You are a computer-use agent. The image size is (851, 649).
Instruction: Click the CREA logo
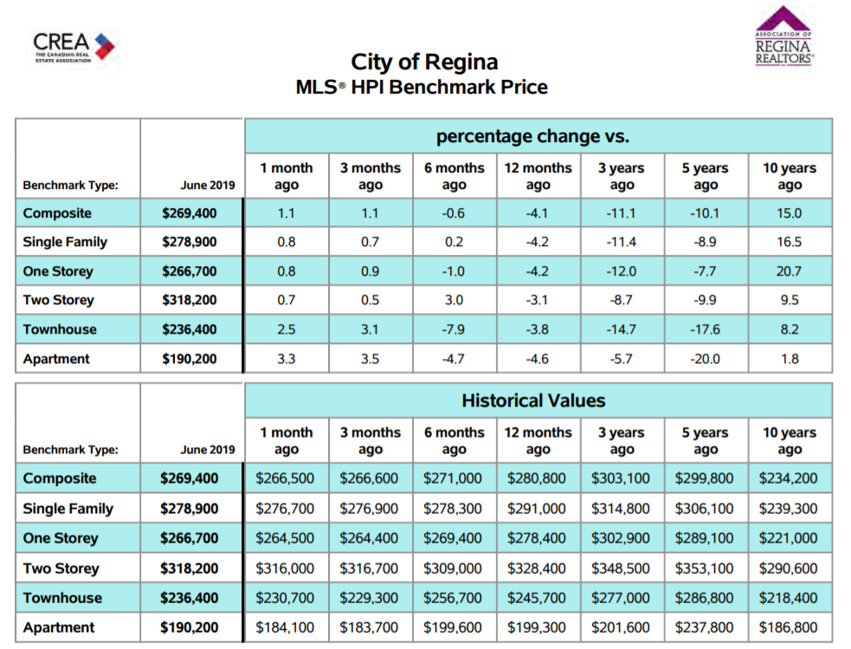(74, 48)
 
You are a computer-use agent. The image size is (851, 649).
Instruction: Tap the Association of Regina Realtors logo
(783, 36)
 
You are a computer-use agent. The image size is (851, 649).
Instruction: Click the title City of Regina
(424, 62)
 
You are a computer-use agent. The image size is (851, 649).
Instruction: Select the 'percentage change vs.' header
(533, 136)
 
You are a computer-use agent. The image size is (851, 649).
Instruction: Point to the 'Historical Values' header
(533, 401)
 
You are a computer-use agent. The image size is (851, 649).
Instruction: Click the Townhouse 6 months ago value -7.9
(454, 329)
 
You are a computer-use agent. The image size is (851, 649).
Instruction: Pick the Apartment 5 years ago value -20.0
(705, 359)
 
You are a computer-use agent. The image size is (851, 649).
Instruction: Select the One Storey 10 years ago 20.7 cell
(789, 271)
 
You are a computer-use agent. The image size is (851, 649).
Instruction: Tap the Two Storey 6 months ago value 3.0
(454, 301)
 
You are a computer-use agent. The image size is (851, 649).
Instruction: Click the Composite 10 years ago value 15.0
(789, 213)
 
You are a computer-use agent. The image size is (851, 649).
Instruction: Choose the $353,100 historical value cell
(704, 568)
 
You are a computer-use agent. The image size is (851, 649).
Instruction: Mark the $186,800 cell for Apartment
(788, 628)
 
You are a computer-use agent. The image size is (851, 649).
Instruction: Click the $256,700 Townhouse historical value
(453, 598)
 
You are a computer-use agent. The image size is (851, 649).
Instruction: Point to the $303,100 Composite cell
(621, 478)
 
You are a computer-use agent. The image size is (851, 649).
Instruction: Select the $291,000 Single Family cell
(536, 509)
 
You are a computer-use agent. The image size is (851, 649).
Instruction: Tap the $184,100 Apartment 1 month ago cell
(285, 628)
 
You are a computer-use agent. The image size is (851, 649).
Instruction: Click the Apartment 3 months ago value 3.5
(371, 359)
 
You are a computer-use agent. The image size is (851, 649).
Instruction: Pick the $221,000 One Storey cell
(788, 538)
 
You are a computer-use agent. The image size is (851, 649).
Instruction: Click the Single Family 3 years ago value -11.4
(621, 243)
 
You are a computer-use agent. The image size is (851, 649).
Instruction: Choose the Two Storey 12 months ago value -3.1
(538, 301)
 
